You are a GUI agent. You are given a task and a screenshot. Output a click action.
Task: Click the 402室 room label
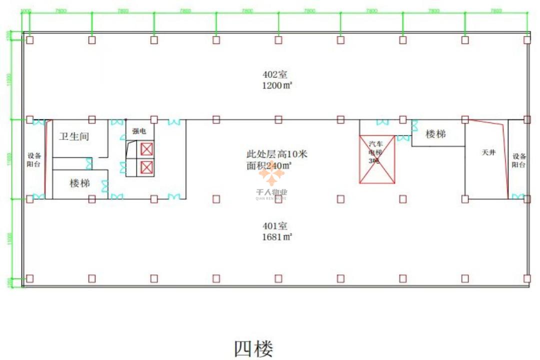[275, 74]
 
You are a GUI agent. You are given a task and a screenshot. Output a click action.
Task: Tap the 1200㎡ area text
[276, 85]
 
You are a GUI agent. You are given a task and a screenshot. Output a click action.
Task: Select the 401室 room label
[275, 226]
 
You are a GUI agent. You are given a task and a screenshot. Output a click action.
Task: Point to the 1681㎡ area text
[276, 237]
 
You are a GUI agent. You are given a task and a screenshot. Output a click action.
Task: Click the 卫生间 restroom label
[74, 136]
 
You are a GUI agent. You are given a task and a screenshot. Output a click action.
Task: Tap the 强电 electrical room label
[139, 131]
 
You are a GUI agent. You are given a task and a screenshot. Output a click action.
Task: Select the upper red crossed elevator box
[146, 149]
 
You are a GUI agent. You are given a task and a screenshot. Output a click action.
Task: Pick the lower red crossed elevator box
[146, 167]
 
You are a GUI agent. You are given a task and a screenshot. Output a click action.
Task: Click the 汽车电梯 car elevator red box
[377, 159]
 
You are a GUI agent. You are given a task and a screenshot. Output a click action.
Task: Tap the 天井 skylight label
[488, 153]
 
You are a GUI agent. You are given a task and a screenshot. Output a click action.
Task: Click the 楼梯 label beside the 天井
[435, 134]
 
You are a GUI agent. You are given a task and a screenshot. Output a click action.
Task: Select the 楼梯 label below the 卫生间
[79, 183]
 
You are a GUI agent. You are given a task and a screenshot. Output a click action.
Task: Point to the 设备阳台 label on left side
[34, 159]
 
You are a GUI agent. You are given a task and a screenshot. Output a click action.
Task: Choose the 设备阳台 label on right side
[518, 160]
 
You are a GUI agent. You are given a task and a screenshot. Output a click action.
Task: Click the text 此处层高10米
[277, 154]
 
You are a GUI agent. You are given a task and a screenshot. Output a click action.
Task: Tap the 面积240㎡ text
[269, 165]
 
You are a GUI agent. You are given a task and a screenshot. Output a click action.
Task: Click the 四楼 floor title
[253, 348]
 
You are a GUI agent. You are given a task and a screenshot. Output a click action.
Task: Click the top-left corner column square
[30, 40]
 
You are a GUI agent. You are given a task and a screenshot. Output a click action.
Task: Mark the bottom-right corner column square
[527, 278]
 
